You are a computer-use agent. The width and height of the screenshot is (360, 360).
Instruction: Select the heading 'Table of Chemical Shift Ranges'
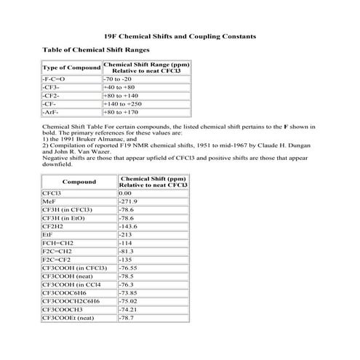coord(86,50)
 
